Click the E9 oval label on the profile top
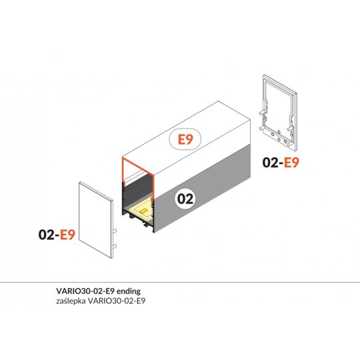186,141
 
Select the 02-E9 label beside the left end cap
56,235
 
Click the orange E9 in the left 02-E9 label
66,235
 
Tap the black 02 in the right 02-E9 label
270,162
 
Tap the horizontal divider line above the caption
180,282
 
